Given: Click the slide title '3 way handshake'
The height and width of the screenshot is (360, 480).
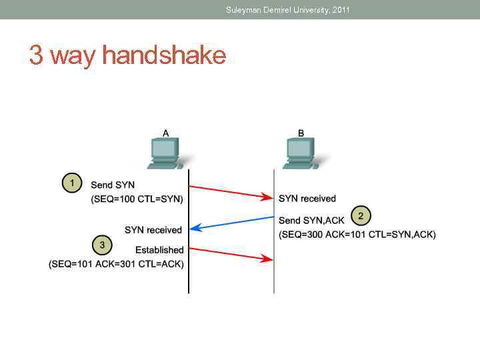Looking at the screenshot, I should point(127,55).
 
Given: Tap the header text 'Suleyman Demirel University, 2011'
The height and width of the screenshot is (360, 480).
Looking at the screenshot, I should point(288,9).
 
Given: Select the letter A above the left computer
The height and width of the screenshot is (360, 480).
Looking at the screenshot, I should point(165,133).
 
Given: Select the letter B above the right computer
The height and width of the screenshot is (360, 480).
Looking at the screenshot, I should point(301,133).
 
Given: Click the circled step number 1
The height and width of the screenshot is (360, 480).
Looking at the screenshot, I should point(72,183).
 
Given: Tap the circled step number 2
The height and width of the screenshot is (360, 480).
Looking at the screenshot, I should point(361,215).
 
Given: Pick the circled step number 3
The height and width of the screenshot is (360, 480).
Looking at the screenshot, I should point(101,245).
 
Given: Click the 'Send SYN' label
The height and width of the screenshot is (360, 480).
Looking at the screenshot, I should point(112,185).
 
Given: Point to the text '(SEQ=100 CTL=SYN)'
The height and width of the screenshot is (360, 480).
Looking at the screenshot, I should point(137,199).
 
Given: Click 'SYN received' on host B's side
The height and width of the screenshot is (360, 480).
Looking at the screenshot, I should point(307,199).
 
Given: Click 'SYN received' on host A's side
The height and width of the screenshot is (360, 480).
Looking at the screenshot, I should point(153,230).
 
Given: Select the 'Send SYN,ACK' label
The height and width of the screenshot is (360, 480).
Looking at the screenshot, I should point(311,220).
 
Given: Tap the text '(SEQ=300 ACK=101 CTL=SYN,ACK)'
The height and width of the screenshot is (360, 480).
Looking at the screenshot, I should point(357,234).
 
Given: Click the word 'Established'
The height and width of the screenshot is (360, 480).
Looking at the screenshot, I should point(159,250).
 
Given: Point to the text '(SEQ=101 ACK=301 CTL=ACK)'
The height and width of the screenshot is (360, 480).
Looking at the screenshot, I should point(116,264).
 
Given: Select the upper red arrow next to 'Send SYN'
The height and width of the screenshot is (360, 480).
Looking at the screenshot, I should point(231,191).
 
